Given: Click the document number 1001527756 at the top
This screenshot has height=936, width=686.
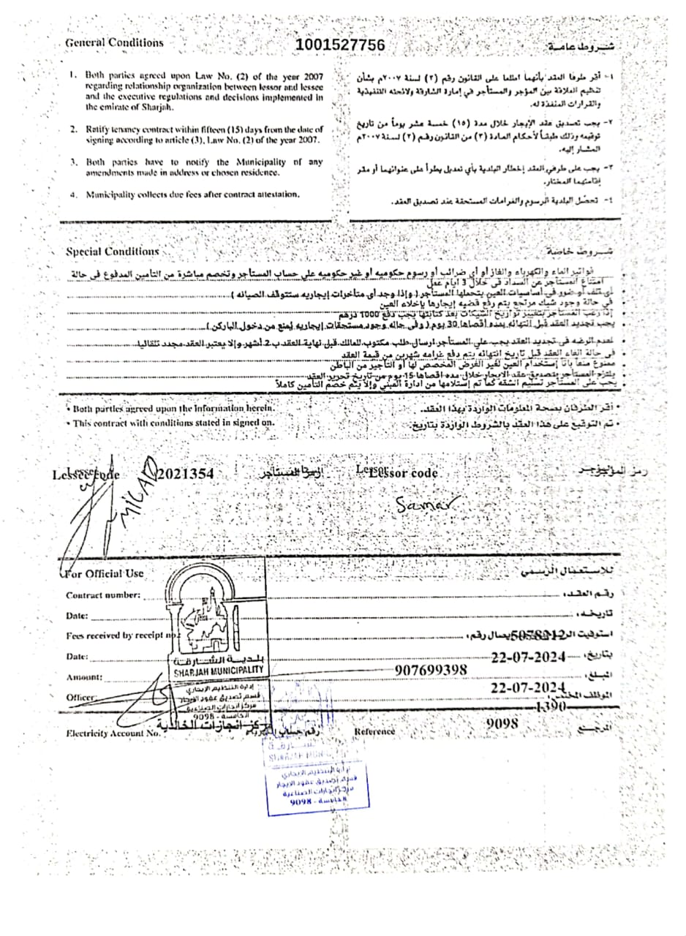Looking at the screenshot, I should tap(340, 45).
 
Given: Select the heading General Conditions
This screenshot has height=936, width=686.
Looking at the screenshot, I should tap(115, 42).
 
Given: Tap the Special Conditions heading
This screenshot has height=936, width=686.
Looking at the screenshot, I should tap(113, 252).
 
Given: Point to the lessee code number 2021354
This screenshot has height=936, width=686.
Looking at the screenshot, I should tap(186, 474).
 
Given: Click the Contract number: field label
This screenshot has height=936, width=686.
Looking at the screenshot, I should tap(102, 595).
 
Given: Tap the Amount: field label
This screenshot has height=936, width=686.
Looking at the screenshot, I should tap(84, 677).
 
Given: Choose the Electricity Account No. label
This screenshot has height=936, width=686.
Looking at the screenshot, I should tap(113, 733).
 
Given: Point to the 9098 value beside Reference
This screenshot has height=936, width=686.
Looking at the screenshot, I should tap(502, 723).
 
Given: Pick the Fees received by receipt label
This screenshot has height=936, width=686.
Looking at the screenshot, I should tap(118, 635).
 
